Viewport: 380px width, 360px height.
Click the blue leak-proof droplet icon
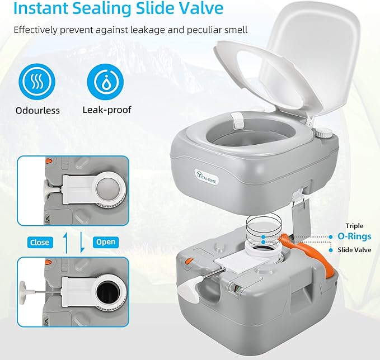(x=106, y=81)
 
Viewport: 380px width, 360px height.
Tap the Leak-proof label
(x=106, y=110)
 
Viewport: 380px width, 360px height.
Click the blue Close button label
(x=40, y=242)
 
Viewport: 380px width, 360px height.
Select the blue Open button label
(x=106, y=242)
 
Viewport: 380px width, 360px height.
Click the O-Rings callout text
(x=354, y=236)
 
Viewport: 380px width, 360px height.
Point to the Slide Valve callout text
(x=354, y=250)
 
